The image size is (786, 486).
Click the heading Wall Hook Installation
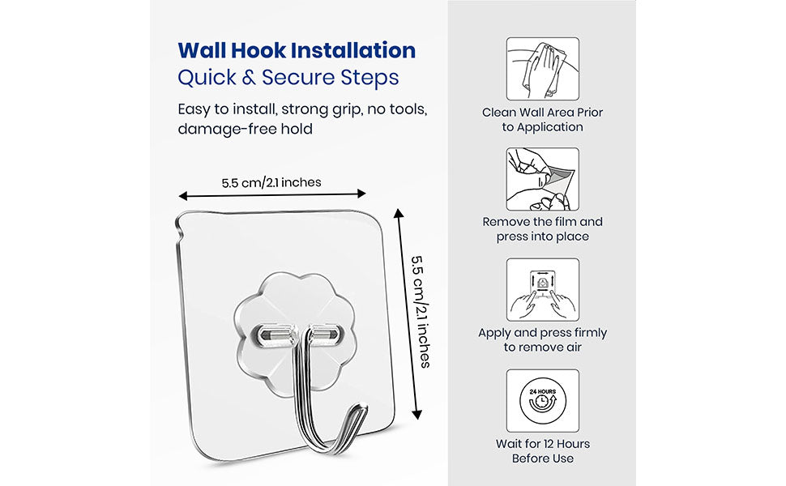tap(297, 50)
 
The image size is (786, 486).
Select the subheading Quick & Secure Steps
tap(288, 78)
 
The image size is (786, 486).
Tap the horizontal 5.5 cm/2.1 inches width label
tap(271, 182)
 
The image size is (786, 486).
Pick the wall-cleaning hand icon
tap(542, 68)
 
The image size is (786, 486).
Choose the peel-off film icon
tap(542, 179)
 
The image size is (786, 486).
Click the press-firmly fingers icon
tap(542, 290)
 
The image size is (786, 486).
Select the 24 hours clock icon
tap(542, 400)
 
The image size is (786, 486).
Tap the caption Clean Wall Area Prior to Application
tap(542, 120)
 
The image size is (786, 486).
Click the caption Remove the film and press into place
tap(542, 229)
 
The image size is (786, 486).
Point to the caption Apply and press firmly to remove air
tap(542, 340)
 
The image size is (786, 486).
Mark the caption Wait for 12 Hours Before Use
tap(542, 451)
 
